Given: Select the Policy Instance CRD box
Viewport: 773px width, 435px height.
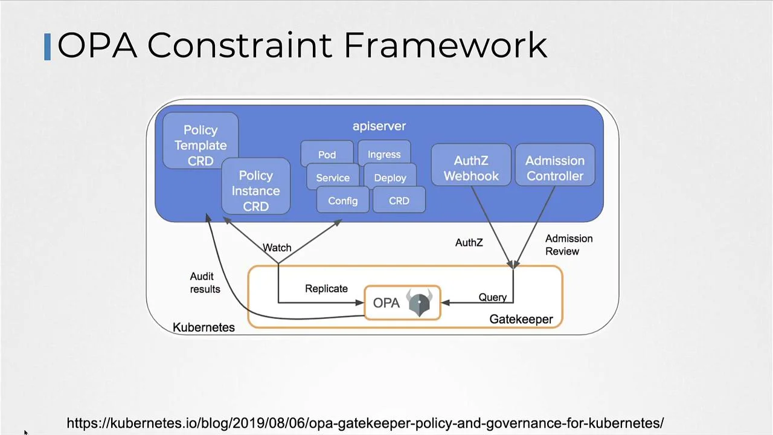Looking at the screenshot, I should (255, 190).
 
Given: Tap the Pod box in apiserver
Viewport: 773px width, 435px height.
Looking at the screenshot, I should (327, 155).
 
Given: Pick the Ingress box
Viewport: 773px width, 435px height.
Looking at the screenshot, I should (384, 155).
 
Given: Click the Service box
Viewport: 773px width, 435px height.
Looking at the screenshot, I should (333, 178).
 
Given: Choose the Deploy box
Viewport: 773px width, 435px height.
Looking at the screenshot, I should (390, 178).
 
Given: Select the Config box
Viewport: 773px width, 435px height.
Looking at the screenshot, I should (342, 201).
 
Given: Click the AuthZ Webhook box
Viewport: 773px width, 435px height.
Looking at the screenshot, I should (471, 168).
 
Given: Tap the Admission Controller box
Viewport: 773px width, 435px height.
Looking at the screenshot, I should (554, 168).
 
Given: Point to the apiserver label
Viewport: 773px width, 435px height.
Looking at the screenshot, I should (379, 126).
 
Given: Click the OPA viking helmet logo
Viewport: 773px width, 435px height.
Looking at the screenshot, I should (419, 302).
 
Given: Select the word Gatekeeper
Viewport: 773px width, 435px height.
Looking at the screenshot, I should (521, 319).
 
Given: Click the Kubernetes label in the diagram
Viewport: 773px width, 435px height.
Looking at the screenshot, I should (204, 327).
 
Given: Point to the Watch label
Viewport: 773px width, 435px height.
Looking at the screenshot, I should (277, 248).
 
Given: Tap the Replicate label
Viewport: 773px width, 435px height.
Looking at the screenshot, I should (326, 289).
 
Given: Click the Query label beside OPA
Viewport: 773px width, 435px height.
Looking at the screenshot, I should (492, 297).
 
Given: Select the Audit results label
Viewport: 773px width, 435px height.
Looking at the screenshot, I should (205, 283).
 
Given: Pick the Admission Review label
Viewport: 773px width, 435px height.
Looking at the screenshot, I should (568, 245).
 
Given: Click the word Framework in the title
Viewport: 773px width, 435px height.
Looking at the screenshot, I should (446, 45).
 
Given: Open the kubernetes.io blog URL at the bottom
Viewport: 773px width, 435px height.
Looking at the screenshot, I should (365, 423).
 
